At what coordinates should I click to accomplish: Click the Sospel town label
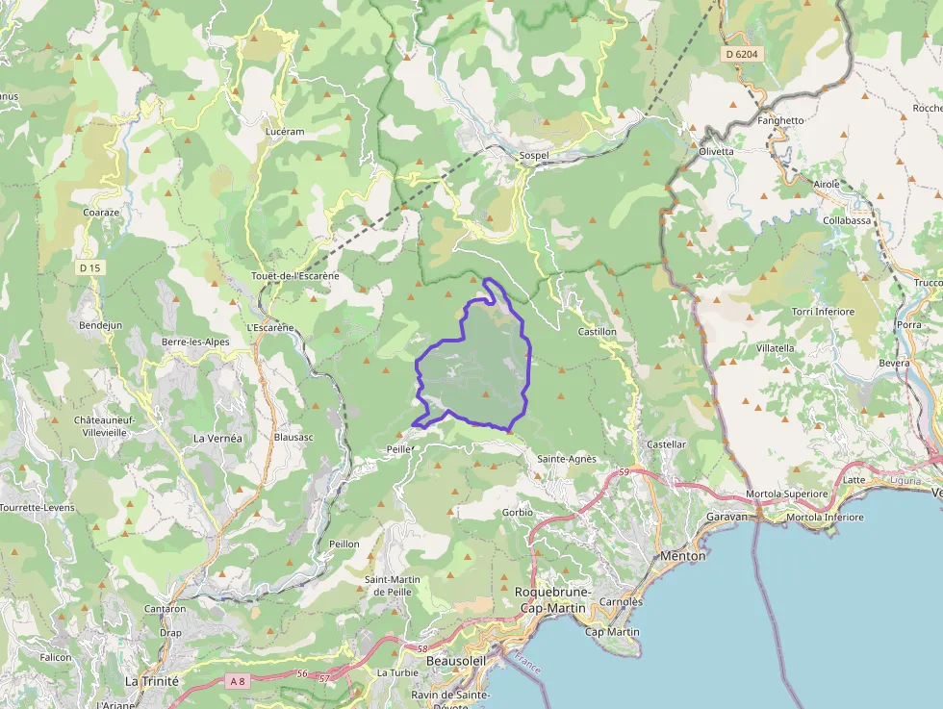coord(533,156)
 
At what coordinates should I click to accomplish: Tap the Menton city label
coord(682,556)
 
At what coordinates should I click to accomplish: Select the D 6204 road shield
coord(742,55)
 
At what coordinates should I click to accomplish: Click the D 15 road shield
coord(89,267)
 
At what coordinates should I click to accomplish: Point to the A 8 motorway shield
coord(239,680)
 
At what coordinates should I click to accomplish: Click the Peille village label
coord(397,449)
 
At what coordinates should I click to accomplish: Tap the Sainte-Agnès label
coord(567,459)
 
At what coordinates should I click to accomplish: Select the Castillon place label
coord(597,332)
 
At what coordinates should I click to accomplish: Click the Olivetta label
coord(715,152)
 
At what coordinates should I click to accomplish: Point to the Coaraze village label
coord(101,213)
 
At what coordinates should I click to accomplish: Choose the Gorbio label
coord(518,513)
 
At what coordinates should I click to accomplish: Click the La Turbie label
coord(398,672)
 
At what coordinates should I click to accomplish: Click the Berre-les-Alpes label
coord(195,342)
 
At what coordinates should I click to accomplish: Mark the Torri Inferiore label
coord(823,312)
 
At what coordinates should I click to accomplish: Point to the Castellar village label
coord(667,444)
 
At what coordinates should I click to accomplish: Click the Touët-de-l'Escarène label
coord(294,276)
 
